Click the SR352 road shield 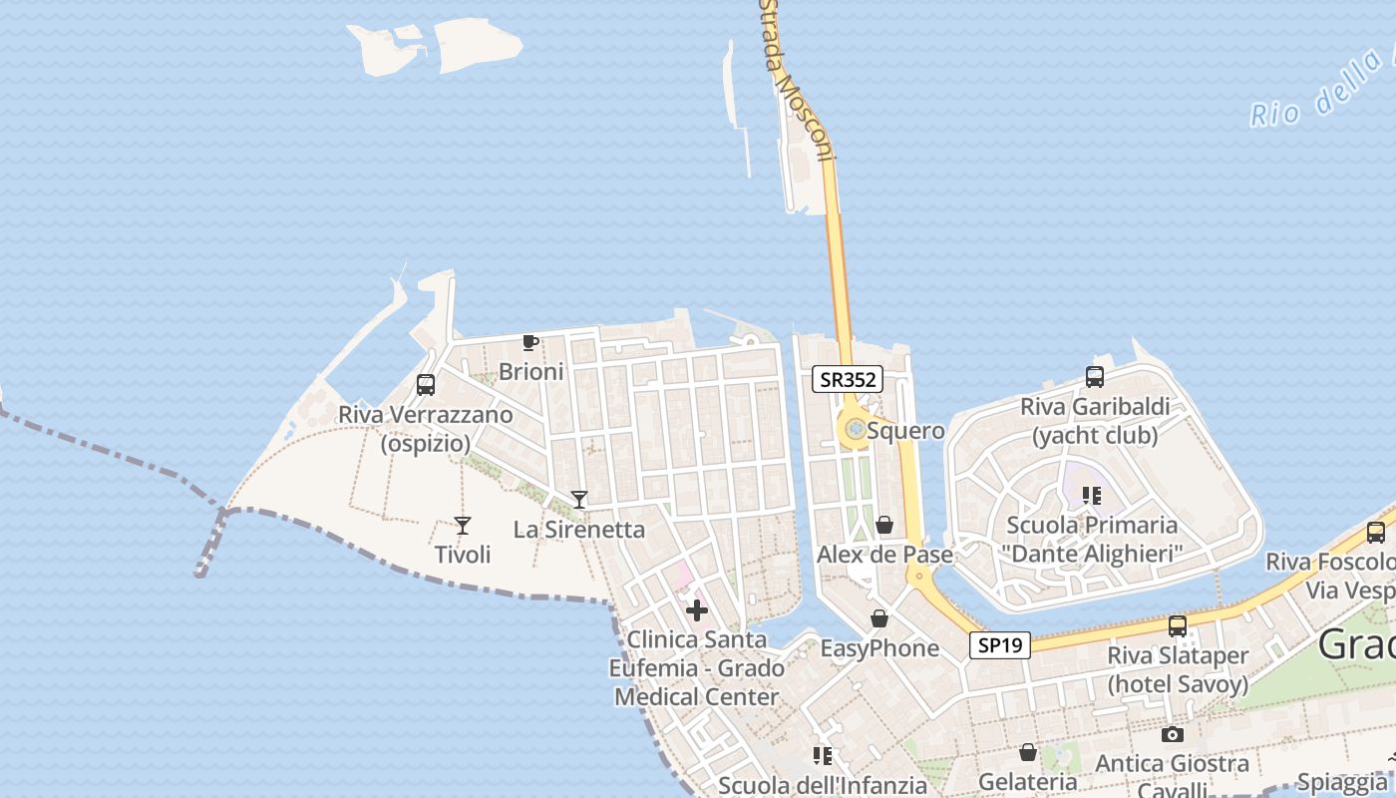pyautogui.click(x=847, y=379)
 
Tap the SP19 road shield pyautogui.click(x=1000, y=645)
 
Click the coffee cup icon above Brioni pyautogui.click(x=530, y=343)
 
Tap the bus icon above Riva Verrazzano pyautogui.click(x=426, y=385)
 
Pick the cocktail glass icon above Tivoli pyautogui.click(x=462, y=525)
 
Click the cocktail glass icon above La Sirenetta pyautogui.click(x=579, y=499)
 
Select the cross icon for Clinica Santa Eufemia pyautogui.click(x=697, y=609)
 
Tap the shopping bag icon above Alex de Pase pyautogui.click(x=884, y=525)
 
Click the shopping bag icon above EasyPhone pyautogui.click(x=878, y=619)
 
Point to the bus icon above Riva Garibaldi pyautogui.click(x=1094, y=377)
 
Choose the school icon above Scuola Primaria pyautogui.click(x=1092, y=495)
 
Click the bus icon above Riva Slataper pyautogui.click(x=1178, y=626)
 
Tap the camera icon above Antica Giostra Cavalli pyautogui.click(x=1173, y=735)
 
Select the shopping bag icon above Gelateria pyautogui.click(x=1028, y=752)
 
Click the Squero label pyautogui.click(x=905, y=431)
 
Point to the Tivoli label pyautogui.click(x=463, y=554)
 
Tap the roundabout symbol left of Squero pyautogui.click(x=855, y=429)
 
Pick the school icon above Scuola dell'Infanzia pyautogui.click(x=823, y=756)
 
